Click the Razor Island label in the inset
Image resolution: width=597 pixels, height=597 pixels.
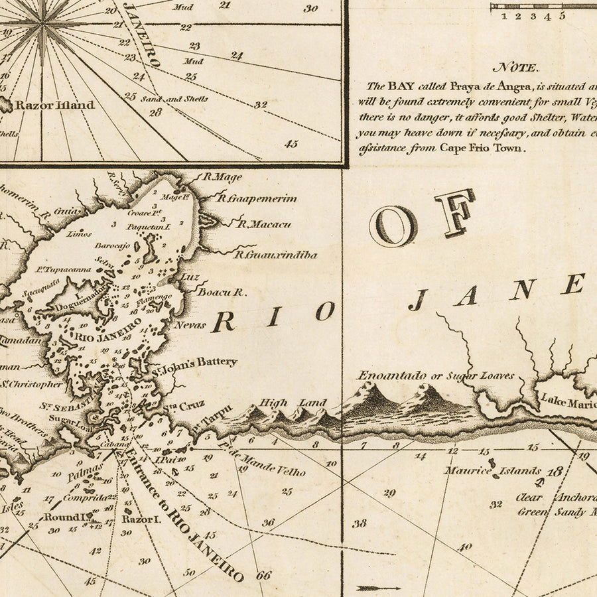pyautogui.click(x=54, y=105)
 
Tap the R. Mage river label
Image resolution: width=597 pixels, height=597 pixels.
pyautogui.click(x=222, y=177)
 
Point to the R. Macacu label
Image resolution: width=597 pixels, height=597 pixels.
pyautogui.click(x=264, y=224)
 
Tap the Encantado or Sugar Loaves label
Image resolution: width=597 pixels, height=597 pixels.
pyautogui.click(x=436, y=376)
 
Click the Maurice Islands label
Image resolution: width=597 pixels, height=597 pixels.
pyautogui.click(x=493, y=471)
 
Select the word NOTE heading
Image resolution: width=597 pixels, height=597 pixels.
pyautogui.click(x=517, y=67)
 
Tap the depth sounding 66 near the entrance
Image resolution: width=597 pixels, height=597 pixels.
pyautogui.click(x=264, y=575)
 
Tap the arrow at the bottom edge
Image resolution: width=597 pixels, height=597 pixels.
pyautogui.click(x=378, y=588)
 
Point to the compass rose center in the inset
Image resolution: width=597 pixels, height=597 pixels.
pyautogui.click(x=44, y=25)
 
